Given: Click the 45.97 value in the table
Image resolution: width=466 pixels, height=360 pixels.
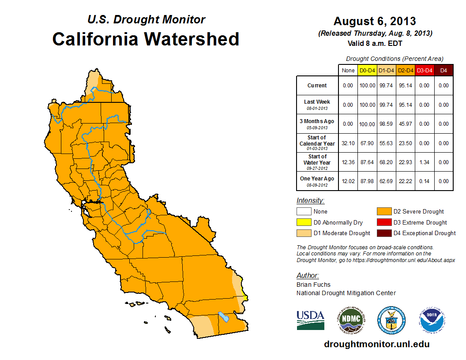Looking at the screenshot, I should coord(406,124).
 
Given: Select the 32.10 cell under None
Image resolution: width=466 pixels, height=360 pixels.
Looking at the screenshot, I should coord(348,143).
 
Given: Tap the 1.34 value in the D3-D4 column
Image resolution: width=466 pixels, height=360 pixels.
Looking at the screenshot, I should coord(425,163).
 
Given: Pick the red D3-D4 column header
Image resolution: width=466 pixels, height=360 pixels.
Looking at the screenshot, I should coord(425,70).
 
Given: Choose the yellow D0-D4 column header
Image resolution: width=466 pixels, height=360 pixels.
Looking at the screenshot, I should coord(367,70).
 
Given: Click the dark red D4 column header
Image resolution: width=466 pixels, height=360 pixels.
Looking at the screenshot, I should coord(443,70).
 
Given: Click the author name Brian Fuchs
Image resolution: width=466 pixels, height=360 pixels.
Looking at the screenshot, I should coord(313,285).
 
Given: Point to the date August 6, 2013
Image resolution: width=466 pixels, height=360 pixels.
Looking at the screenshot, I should coord(375,21).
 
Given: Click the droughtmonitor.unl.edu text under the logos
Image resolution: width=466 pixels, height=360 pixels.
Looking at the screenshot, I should coord(376,344).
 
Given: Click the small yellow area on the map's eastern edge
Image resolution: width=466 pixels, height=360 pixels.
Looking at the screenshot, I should coord(245,298).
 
